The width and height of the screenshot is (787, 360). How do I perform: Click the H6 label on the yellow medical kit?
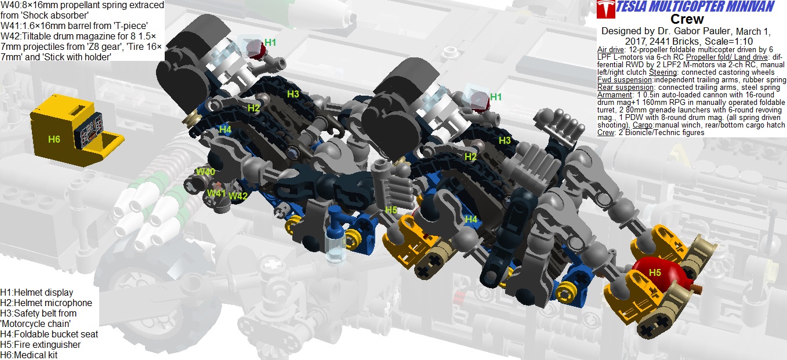point(54,140)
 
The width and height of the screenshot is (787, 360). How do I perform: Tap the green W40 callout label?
point(205,172)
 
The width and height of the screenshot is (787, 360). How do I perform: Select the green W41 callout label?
point(216,193)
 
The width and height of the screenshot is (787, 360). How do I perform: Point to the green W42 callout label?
point(238,196)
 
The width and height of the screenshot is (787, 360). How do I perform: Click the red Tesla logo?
point(605,9)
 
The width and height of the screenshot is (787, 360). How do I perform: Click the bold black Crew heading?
point(687,19)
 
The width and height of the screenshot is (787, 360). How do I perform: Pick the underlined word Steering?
point(663,72)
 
